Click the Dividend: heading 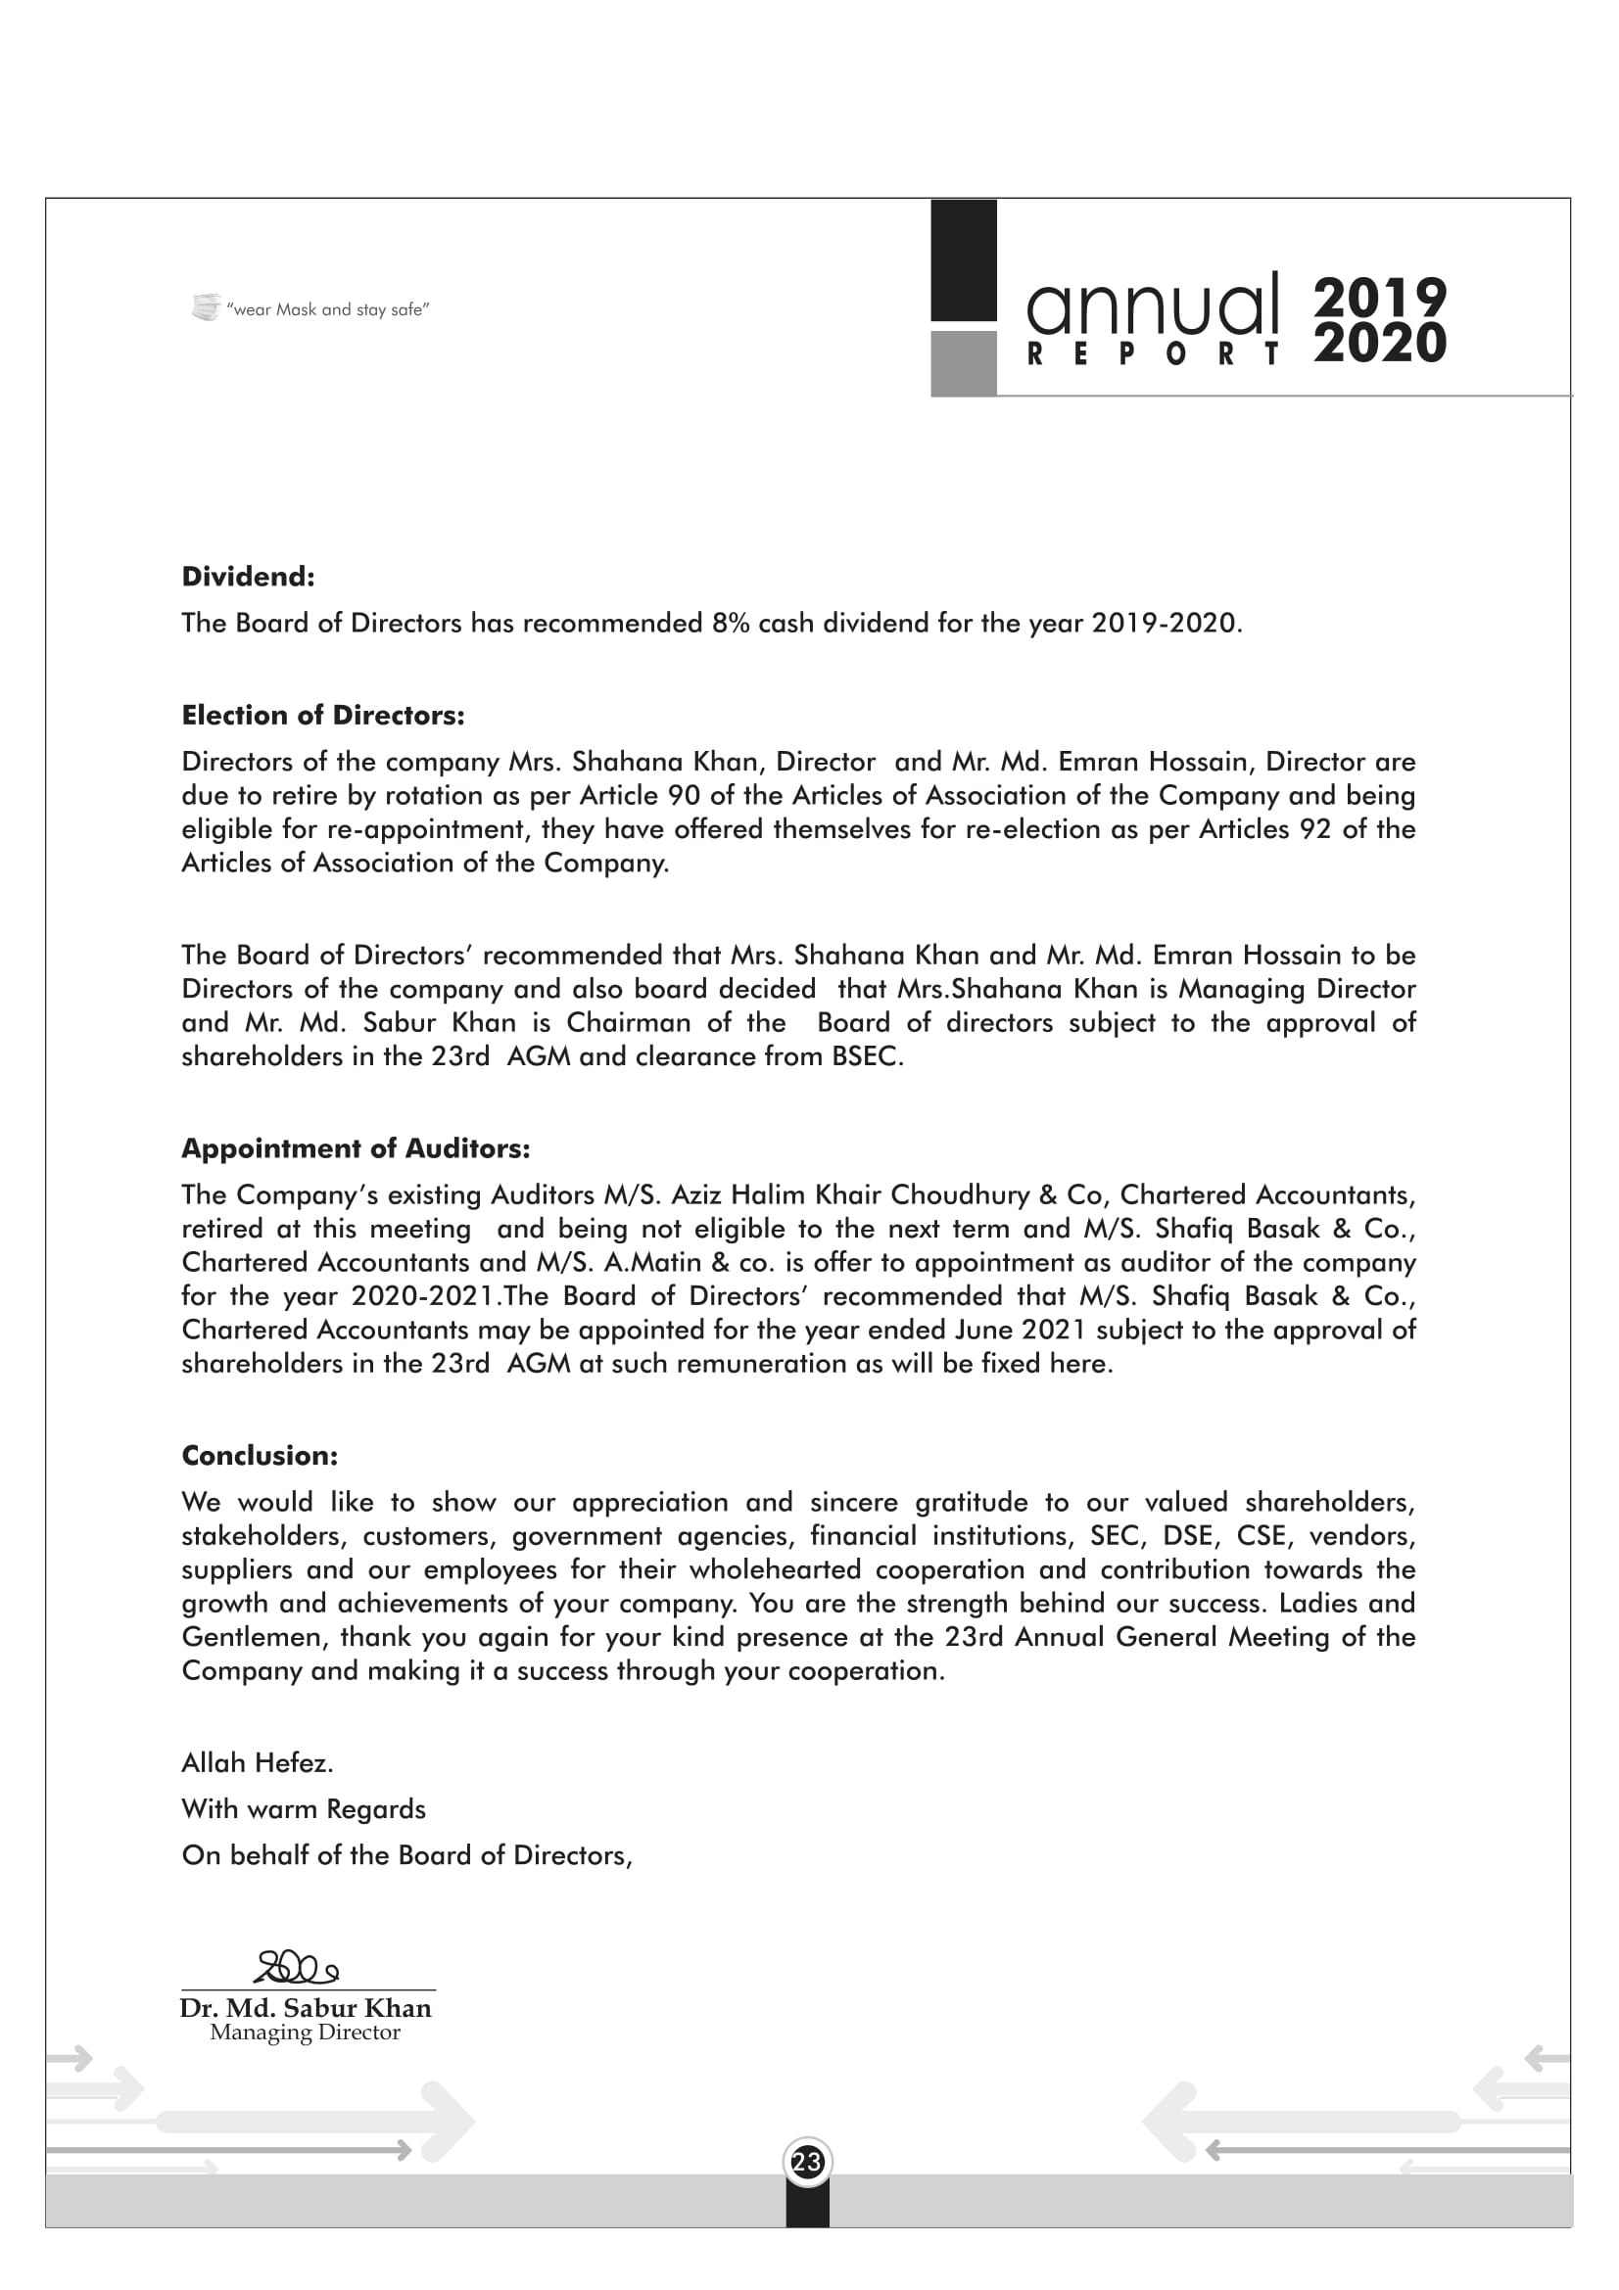(248, 577)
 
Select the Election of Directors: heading (322, 715)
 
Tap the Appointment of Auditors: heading (356, 1148)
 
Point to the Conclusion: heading (260, 1455)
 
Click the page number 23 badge (807, 2163)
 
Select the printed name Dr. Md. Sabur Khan (306, 2008)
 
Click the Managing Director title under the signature (305, 2033)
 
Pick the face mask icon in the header (206, 307)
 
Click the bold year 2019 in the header (1380, 298)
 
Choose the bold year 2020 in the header (1380, 343)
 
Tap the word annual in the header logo (1152, 304)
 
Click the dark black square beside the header (964, 260)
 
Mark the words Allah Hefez (258, 1763)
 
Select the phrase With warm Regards (304, 1809)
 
